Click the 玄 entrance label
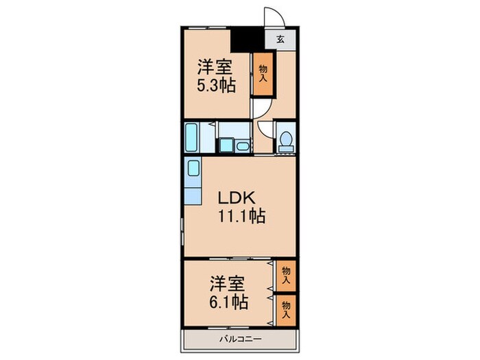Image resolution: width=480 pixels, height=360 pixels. [281, 39]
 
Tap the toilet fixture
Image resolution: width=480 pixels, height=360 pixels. [285, 141]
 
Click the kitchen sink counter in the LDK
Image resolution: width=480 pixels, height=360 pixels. [193, 180]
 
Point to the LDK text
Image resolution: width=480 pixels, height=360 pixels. [237, 198]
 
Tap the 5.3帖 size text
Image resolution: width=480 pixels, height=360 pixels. [215, 86]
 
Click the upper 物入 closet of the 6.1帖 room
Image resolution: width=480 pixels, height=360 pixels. [286, 276]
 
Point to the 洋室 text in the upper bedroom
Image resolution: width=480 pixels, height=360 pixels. [215, 67]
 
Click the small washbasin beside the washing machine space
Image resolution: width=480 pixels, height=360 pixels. [243, 145]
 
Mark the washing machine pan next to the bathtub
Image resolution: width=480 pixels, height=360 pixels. [226, 146]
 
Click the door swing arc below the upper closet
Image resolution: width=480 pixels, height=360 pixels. [261, 108]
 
